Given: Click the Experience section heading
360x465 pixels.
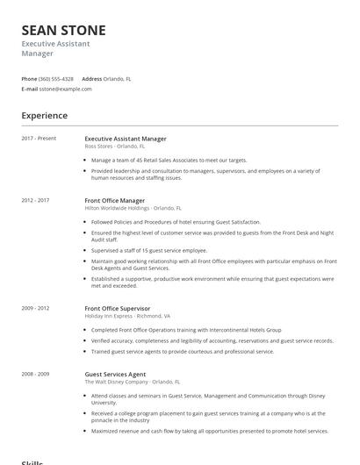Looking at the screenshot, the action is [x=44, y=116].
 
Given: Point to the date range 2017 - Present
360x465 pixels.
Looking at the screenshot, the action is [x=39, y=138].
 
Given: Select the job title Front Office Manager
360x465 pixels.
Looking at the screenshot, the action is [x=115, y=201].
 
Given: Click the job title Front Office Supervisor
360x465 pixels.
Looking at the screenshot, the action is [x=118, y=309].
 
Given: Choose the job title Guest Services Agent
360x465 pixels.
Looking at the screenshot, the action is [x=115, y=375].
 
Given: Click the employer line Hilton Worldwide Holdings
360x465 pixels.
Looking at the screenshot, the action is [x=133, y=209].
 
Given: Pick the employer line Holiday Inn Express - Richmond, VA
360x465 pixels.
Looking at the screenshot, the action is [x=127, y=316].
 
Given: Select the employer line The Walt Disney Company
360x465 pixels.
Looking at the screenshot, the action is [x=132, y=382].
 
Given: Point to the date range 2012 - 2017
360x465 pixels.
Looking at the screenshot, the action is [x=35, y=200].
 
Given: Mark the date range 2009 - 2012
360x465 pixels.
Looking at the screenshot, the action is [x=35, y=308].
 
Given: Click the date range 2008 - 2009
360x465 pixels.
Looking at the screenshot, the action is [x=35, y=374].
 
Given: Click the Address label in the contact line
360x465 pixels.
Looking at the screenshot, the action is [x=91, y=78].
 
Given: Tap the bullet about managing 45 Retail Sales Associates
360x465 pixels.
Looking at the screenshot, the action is [x=169, y=161].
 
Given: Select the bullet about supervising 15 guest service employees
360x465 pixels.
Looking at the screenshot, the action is [x=149, y=250].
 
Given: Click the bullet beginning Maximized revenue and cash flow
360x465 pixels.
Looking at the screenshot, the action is [x=209, y=431].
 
